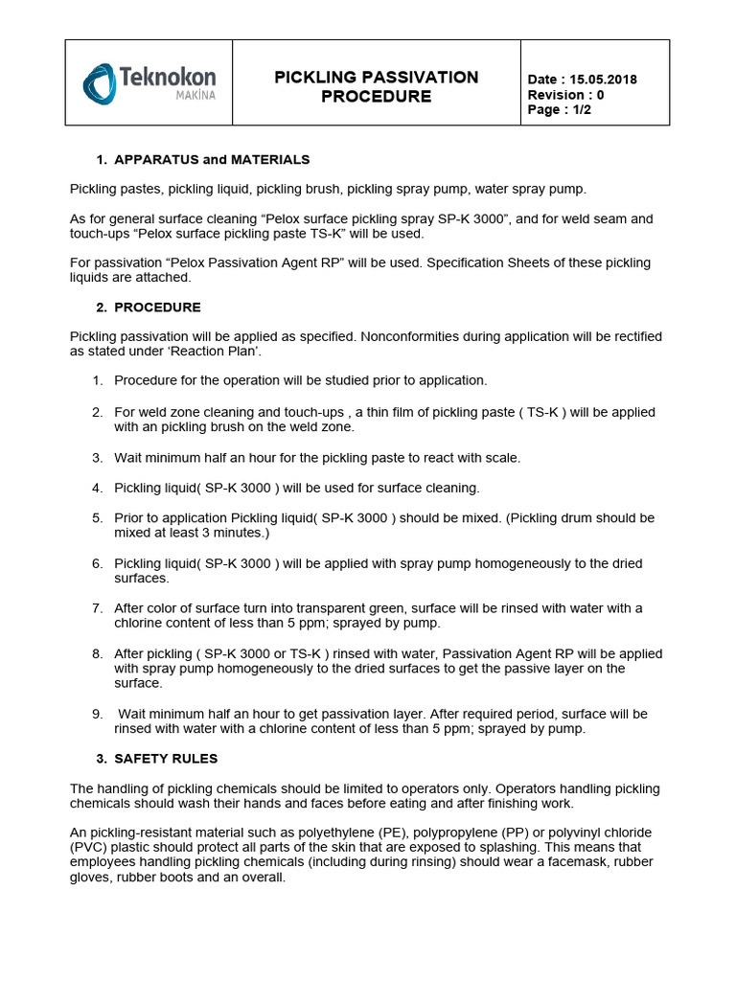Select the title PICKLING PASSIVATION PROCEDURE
376,86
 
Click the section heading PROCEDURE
157,308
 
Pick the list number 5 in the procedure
97,518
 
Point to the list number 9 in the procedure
97,714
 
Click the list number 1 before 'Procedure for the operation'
97,381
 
